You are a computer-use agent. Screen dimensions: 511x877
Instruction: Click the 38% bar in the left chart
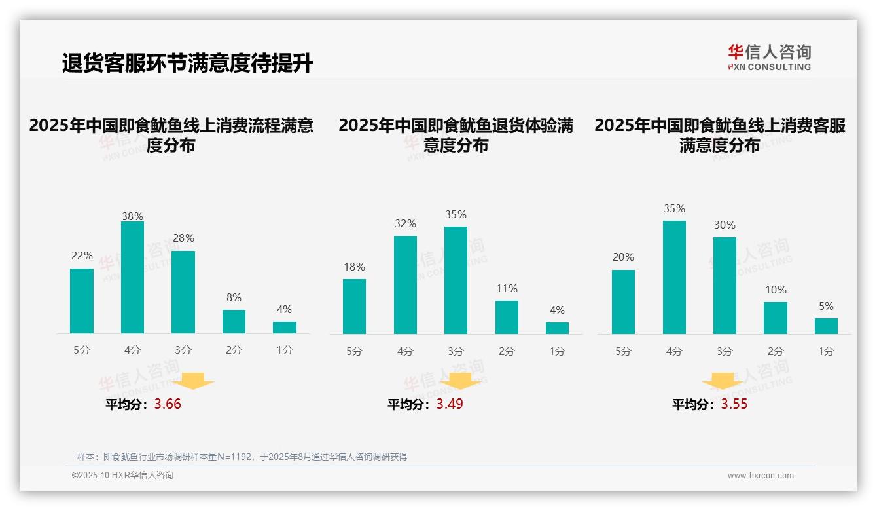[x=132, y=278]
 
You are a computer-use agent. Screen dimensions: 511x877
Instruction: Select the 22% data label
[x=82, y=255]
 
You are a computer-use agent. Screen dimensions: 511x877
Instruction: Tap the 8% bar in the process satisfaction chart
[x=234, y=322]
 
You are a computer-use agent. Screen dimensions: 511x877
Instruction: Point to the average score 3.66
[x=168, y=404]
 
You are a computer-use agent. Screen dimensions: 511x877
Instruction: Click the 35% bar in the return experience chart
[x=456, y=280]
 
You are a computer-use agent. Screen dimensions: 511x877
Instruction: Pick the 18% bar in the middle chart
[x=354, y=307]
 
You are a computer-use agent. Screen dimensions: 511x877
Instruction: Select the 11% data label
[x=507, y=288]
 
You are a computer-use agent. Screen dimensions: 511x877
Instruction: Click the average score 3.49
[x=450, y=404]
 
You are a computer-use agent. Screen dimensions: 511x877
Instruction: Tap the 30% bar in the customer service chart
[x=725, y=286]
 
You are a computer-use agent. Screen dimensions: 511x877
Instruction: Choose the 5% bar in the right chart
[x=826, y=326]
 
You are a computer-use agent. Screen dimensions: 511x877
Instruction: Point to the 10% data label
[x=776, y=290]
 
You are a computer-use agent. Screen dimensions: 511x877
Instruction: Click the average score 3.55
[x=734, y=404]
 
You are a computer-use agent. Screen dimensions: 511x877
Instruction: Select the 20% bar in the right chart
[x=623, y=302]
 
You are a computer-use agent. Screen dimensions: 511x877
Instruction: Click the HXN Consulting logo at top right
[x=769, y=57]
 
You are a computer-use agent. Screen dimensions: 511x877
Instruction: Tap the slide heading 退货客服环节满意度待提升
[x=188, y=64]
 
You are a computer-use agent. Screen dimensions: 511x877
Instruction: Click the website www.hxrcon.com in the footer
[x=761, y=476]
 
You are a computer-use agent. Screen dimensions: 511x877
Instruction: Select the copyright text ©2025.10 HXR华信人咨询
[x=122, y=476]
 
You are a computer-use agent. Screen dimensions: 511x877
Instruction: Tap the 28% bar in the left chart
[x=183, y=292]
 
